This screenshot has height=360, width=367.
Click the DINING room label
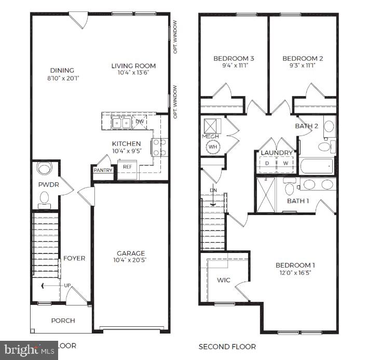(x=62, y=70)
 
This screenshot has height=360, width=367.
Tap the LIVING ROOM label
(x=133, y=65)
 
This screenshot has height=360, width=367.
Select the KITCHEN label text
(x=126, y=143)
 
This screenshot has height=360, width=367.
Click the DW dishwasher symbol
(x=140, y=122)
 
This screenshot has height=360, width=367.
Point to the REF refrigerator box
(x=127, y=167)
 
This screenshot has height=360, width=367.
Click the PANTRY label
(x=103, y=170)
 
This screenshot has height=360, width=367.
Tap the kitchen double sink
(x=121, y=123)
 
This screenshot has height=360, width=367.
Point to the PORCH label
(x=63, y=321)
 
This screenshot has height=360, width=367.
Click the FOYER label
(x=74, y=258)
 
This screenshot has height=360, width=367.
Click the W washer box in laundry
(x=285, y=163)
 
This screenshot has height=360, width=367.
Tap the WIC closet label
(x=223, y=280)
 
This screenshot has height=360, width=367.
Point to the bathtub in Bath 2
(x=316, y=167)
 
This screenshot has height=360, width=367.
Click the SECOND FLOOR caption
(x=227, y=346)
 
